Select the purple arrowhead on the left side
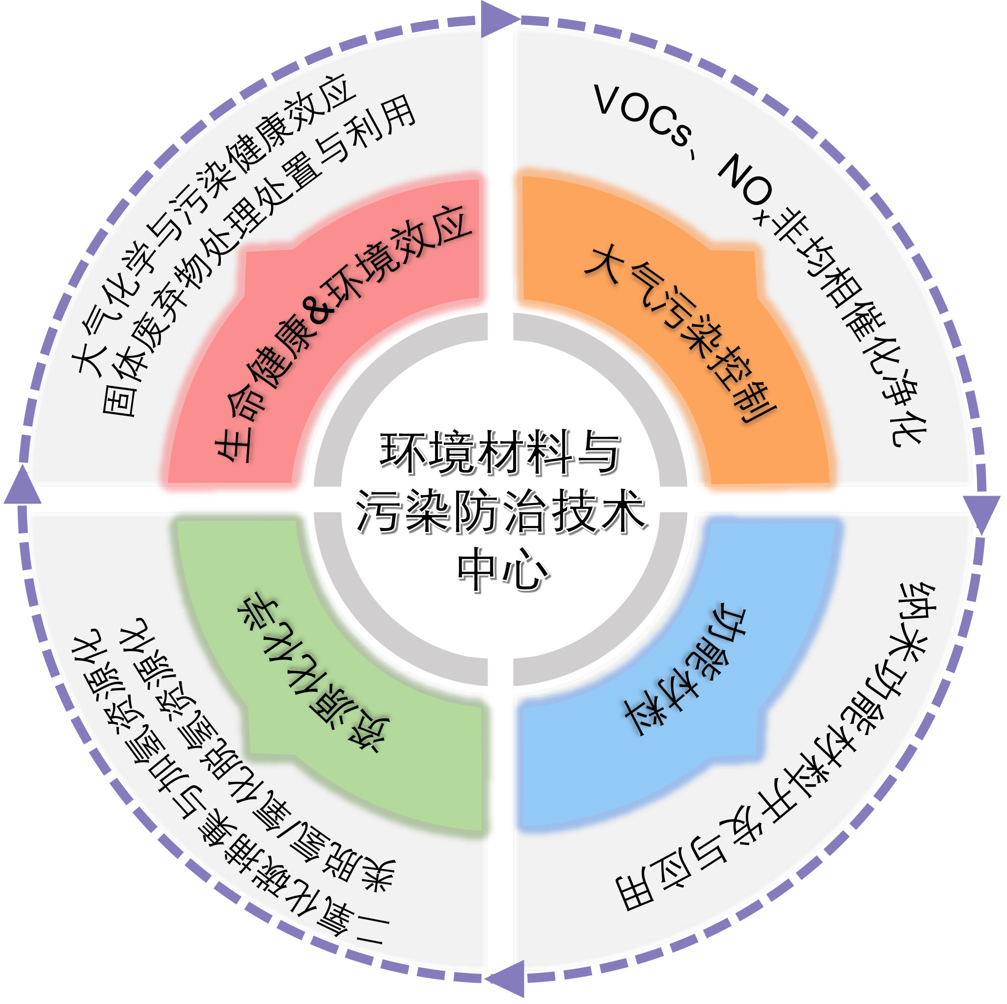(x=23, y=486)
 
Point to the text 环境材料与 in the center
(x=500, y=452)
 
